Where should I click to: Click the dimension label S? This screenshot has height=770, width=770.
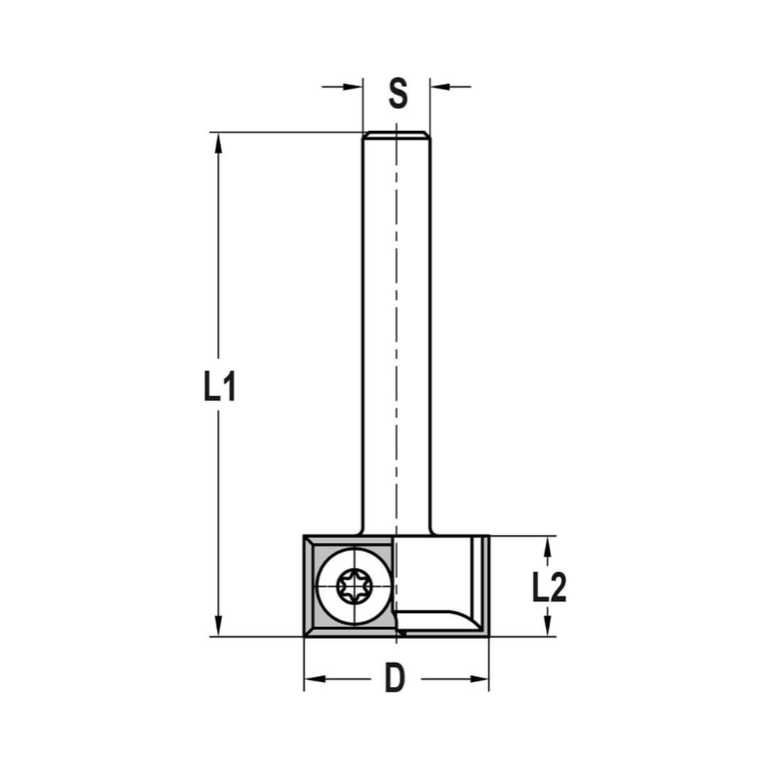click(397, 93)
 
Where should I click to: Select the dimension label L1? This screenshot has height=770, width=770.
click(219, 387)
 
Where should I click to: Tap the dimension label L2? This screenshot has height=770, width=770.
click(549, 589)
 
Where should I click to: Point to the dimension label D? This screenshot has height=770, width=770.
click(395, 679)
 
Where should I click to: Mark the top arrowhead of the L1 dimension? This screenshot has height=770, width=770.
click(219, 141)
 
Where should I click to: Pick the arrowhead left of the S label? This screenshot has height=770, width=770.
click(354, 86)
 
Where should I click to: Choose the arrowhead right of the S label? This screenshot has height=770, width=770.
click(438, 86)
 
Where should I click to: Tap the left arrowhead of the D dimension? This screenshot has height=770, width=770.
click(312, 679)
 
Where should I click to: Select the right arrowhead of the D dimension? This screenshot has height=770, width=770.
click(480, 679)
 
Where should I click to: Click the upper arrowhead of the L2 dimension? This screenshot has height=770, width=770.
click(547, 545)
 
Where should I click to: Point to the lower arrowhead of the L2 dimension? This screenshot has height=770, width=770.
click(547, 628)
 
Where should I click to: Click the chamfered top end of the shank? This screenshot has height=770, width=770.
click(397, 136)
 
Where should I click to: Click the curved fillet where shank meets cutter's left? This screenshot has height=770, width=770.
click(358, 532)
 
